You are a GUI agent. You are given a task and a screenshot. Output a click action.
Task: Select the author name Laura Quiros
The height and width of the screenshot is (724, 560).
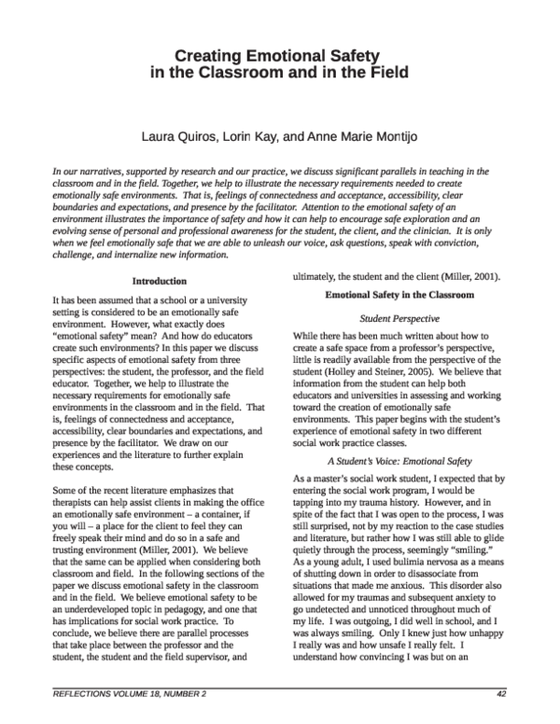click(176, 136)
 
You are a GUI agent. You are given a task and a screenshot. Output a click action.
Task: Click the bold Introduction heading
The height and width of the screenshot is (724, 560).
click(160, 281)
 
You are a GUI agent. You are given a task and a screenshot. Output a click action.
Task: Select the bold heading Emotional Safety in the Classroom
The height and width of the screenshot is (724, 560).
click(399, 295)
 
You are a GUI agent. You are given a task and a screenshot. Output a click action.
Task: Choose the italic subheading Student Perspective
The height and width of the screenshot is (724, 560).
click(399, 318)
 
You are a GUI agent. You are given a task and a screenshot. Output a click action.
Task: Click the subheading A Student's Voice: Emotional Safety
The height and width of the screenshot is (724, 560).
click(399, 461)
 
